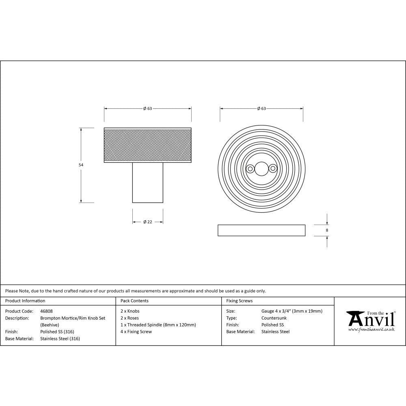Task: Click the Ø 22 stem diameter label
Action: coord(148,222)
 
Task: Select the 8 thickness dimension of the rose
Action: coord(327,230)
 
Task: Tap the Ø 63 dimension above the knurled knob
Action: coord(147,108)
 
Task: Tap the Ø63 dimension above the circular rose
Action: coord(261,108)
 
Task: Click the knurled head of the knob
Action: coord(148,145)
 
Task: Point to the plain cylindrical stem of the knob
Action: coord(148,183)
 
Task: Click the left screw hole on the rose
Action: coord(251,168)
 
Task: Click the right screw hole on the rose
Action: coord(272,168)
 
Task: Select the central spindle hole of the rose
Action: coord(261,168)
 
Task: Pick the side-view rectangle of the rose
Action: coord(261,230)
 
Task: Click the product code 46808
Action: coord(46,311)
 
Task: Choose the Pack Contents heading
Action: coord(134,301)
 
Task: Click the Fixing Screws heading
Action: coord(239,301)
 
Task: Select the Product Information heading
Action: coord(25,301)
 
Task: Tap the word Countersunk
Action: coord(274,318)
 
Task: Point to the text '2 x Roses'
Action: coord(130,318)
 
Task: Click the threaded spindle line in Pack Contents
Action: coord(158,325)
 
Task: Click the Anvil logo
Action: coord(370,321)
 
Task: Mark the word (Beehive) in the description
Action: coord(50,325)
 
